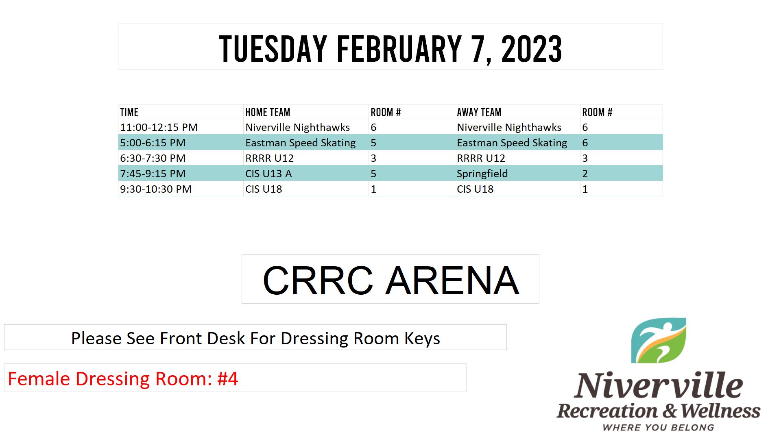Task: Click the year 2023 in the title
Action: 531,49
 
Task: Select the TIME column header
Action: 129,112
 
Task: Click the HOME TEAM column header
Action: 268,112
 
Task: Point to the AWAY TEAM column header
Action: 479,112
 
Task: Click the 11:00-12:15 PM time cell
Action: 159,127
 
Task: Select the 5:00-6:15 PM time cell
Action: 153,143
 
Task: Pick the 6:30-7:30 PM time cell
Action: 153,158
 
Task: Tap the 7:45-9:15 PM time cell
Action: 153,174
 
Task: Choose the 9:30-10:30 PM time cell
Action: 156,189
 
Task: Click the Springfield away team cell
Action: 482,174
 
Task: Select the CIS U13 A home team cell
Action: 268,174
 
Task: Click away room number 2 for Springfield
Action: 585,174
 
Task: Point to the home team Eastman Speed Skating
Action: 301,143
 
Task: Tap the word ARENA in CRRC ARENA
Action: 452,280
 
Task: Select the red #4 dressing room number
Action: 228,379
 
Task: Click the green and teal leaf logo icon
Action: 659,341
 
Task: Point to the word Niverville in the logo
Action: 659,385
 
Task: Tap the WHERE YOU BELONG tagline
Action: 659,428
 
